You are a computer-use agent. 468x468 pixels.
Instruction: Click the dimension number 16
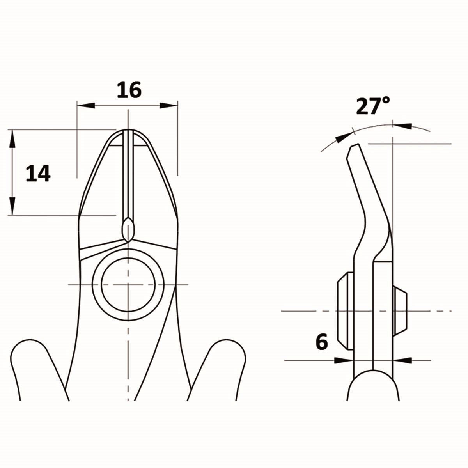129,90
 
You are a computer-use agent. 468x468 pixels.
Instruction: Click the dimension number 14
38,174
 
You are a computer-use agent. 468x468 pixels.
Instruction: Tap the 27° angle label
372,106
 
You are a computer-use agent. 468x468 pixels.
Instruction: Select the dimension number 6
322,342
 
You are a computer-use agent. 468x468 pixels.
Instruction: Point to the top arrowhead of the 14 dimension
12,139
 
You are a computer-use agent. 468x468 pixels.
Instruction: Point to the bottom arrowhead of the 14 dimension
12,205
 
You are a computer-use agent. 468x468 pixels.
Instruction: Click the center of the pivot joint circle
128,284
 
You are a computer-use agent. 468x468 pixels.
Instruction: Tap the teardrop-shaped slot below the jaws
128,230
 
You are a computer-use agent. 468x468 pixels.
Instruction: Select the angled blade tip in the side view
353,150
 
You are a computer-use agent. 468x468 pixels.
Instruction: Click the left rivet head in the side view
345,311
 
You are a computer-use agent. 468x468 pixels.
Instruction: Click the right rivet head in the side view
400,311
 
